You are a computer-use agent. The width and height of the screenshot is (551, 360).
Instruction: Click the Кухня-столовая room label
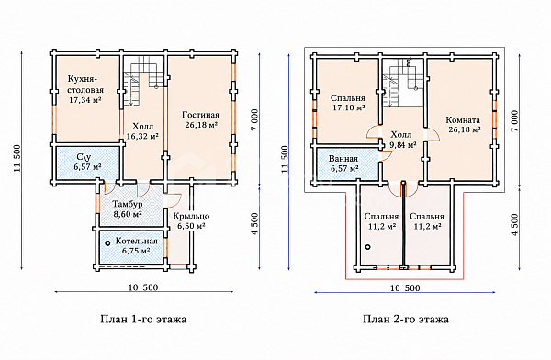(x=85, y=89)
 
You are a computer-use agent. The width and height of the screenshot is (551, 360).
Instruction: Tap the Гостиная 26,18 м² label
(x=200, y=119)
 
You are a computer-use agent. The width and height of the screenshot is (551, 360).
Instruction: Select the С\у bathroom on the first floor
(x=87, y=162)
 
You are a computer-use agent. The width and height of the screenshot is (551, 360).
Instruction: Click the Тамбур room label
(x=128, y=208)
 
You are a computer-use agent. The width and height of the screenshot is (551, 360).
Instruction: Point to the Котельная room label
(x=136, y=246)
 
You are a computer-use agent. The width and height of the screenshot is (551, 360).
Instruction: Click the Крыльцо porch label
(x=191, y=220)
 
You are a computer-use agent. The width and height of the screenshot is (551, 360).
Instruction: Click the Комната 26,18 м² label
(x=463, y=125)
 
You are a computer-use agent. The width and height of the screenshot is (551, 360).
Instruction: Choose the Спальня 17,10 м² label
(x=348, y=103)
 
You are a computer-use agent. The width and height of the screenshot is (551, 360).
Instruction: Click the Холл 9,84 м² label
(x=403, y=140)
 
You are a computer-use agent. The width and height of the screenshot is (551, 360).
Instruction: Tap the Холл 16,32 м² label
(x=142, y=131)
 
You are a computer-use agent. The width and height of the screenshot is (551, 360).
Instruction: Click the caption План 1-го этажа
(x=143, y=320)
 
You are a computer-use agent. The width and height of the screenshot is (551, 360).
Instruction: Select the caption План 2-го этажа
(x=406, y=320)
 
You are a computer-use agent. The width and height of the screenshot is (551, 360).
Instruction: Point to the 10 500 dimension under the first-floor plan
(x=143, y=287)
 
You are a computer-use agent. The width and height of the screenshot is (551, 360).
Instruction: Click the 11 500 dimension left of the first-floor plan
(x=17, y=158)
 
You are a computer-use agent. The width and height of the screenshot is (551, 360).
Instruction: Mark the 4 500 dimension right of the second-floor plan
(x=515, y=224)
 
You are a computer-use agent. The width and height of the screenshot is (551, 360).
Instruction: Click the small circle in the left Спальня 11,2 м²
(x=367, y=247)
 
